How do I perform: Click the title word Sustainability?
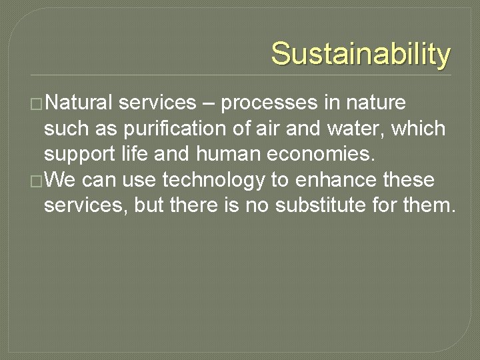[x=361, y=54]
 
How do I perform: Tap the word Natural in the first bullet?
[x=81, y=103]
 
